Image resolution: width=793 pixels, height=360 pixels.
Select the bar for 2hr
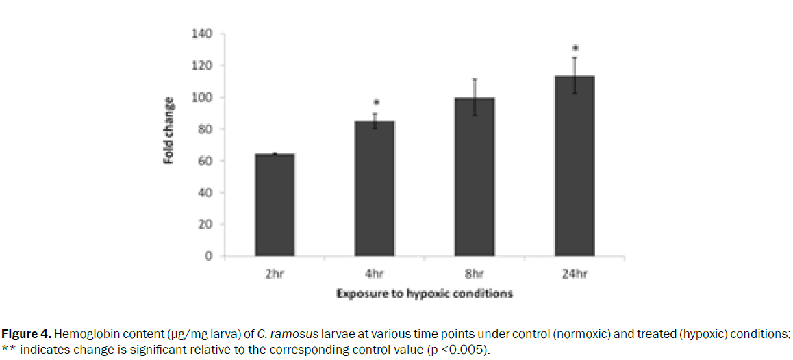tap(274, 205)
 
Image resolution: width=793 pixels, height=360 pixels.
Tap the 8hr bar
tap(475, 177)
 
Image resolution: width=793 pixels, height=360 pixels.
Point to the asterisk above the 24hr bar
tap(575, 49)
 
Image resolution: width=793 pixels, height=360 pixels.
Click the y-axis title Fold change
tap(168, 129)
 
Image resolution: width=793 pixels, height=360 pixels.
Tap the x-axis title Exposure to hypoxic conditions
tap(425, 294)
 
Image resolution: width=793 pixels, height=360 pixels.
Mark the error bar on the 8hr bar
tap(475, 97)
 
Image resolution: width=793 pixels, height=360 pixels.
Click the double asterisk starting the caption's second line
tap(10, 350)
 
